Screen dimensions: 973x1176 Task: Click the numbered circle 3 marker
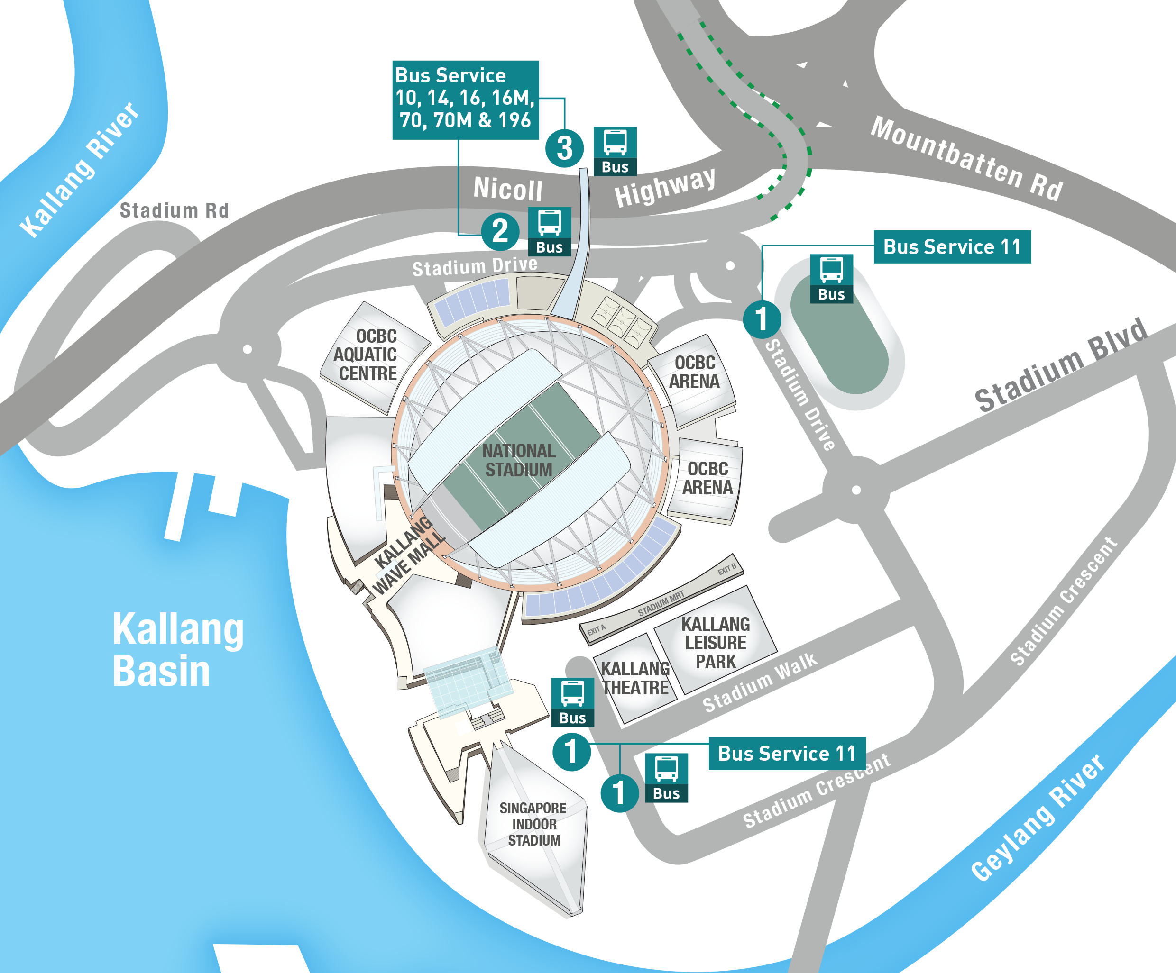point(564,148)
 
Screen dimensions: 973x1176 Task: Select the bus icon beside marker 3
point(615,151)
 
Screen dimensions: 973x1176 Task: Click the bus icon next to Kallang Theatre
point(572,702)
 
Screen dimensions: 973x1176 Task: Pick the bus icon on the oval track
point(832,279)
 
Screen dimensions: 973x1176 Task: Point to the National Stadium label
point(519,460)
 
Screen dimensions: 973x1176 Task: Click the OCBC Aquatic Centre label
point(367,355)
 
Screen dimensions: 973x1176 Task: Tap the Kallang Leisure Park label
point(715,643)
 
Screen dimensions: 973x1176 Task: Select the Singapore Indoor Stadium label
point(533,824)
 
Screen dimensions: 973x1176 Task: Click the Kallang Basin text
point(177,649)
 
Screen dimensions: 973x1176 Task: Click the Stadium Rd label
point(174,210)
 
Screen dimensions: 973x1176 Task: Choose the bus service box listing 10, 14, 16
point(465,100)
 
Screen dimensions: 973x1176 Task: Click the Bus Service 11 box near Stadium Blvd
point(952,247)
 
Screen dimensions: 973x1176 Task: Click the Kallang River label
point(79,170)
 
